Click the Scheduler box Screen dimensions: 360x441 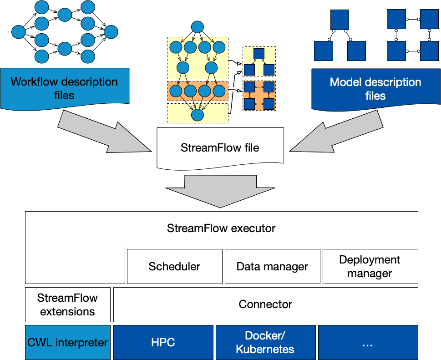tap(174, 266)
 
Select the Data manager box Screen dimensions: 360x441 tap(272, 266)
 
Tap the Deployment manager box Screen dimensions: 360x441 tap(370, 266)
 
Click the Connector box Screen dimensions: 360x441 tap(265, 304)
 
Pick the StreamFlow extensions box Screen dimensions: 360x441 tap(67, 304)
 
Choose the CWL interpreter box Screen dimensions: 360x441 tap(67, 342)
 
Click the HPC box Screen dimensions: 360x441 tap(163, 342)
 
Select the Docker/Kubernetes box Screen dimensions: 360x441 tap(265, 342)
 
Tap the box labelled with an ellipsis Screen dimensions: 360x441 tap(367, 342)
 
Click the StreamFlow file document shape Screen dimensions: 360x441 tap(220, 147)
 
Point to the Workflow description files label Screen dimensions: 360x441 tap(64, 88)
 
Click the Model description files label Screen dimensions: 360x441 tap(375, 89)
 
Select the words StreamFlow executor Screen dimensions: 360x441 tap(221, 228)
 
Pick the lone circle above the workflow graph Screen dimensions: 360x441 tap(197, 27)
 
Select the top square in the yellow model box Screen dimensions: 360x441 tap(259, 54)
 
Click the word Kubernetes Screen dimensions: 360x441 tap(265, 349)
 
